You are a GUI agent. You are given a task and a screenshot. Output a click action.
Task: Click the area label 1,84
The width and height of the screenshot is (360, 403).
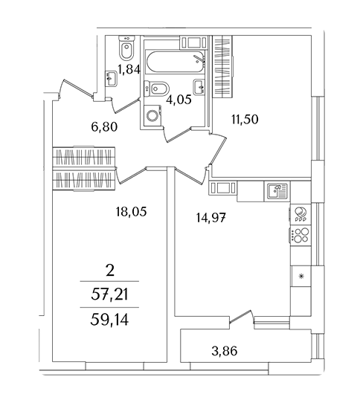coord(129,69)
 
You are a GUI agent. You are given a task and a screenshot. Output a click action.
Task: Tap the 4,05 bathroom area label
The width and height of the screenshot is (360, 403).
coord(179,99)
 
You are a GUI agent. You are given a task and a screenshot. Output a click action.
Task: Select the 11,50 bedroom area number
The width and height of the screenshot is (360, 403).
coord(245,119)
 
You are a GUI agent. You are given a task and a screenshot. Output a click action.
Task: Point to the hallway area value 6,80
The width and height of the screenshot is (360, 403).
coord(104,126)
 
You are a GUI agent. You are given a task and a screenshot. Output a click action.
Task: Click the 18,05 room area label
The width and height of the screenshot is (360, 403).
coord(131,212)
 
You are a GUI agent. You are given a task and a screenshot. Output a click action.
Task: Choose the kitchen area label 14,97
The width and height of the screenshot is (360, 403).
coord(211,218)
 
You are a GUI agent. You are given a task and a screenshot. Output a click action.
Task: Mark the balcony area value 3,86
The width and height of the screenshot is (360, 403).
coord(225,351)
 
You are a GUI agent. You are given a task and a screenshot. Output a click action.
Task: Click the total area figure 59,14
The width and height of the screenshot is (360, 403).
coord(109,320)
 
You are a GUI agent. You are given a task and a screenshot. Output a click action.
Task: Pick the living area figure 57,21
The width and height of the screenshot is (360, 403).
coord(109,294)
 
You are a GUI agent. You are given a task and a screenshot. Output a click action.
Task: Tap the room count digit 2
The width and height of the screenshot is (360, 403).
coord(110,271)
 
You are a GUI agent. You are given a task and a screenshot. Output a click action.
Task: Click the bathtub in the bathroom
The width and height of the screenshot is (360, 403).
coord(175,62)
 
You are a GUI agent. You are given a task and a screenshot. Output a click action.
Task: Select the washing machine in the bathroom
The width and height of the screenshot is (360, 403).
coord(153,116)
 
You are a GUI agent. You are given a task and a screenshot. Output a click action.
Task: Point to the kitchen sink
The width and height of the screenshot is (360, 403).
coord(277,191)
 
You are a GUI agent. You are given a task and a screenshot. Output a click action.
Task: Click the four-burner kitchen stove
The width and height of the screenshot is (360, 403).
coord(300,235)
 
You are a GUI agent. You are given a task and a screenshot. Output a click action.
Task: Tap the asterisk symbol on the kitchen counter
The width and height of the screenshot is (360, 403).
coord(301,277)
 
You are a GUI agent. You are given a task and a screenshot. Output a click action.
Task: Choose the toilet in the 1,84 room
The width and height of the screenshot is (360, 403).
coord(126,48)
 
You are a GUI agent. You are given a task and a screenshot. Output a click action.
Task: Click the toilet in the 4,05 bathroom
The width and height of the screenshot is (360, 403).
coord(157,88)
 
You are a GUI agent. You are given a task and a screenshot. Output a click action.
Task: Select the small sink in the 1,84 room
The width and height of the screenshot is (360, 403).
coord(112,79)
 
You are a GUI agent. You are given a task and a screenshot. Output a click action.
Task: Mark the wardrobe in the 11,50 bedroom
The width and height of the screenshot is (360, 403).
coord(222,67)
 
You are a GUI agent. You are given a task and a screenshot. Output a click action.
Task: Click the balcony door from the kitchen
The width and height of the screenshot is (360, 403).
coord(240,315)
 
